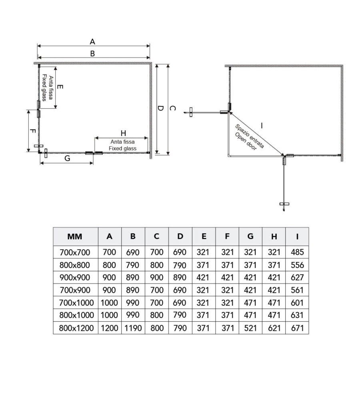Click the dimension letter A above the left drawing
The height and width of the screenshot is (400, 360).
(x=92, y=41)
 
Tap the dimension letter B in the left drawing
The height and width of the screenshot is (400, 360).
(x=92, y=53)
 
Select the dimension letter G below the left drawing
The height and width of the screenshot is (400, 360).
(x=67, y=158)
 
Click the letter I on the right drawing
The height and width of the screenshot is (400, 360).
(x=262, y=125)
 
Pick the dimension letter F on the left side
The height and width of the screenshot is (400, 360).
(x=33, y=131)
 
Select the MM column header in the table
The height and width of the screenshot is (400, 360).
(x=75, y=236)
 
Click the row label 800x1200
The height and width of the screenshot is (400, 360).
(x=76, y=328)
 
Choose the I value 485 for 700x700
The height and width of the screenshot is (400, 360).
(x=297, y=252)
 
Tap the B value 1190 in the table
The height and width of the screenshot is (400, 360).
(x=133, y=328)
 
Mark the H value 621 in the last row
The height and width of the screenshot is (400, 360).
(x=274, y=328)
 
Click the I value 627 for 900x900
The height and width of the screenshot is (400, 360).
(x=297, y=278)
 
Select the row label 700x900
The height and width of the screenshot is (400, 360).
(x=76, y=290)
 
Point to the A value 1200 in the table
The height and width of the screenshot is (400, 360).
(x=109, y=328)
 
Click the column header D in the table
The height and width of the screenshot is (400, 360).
(x=180, y=236)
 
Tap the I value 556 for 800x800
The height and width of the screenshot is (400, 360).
(x=297, y=265)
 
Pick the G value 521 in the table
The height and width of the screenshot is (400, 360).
(x=250, y=328)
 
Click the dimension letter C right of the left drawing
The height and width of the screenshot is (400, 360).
(x=172, y=108)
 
